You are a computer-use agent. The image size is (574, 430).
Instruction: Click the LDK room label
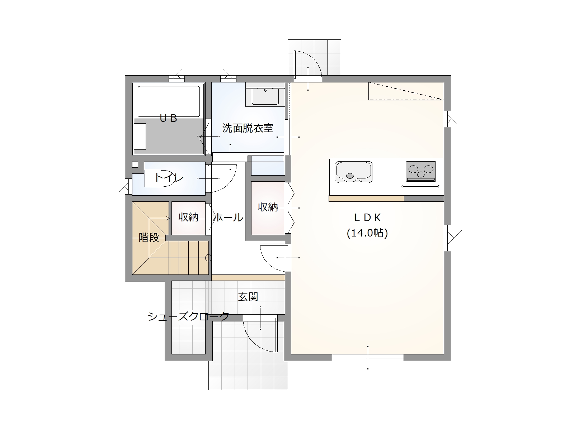367,218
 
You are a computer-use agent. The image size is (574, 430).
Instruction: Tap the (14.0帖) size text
367,233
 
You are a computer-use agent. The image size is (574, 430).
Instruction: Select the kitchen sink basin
353,172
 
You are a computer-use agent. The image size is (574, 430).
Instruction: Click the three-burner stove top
420,171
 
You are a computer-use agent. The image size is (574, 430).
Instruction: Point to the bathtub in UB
169,101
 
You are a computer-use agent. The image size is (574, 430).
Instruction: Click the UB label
168,119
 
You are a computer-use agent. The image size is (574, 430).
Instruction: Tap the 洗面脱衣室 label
248,128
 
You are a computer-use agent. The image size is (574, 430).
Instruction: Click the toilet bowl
160,178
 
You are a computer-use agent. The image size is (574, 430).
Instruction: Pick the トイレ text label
169,178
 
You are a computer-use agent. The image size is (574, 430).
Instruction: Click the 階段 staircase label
149,237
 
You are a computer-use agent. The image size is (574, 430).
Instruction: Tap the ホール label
228,218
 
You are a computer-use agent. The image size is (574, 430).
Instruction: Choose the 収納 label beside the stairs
188,217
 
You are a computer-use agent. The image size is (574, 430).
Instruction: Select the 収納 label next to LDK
268,207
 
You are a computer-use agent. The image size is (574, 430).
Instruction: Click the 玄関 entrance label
248,297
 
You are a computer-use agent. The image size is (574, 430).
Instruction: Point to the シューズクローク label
188,316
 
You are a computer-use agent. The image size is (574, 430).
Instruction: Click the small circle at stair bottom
208,258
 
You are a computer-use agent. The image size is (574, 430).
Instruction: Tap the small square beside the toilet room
135,164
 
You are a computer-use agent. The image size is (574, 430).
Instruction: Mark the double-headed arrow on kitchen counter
420,186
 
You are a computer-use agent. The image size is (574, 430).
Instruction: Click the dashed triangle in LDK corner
406,91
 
